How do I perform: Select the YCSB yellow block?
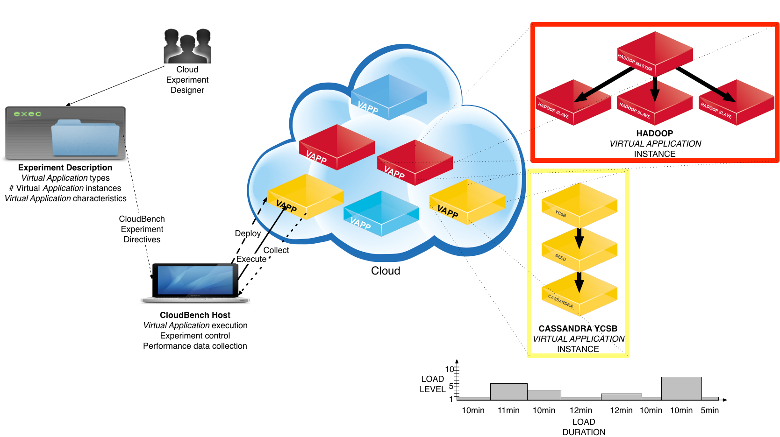pyautogui.click(x=580, y=205)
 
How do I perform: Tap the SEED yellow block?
pyautogui.click(x=580, y=250)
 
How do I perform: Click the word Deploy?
pyautogui.click(x=248, y=233)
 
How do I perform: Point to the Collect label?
pyautogui.click(x=276, y=250)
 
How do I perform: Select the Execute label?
pyautogui.click(x=251, y=259)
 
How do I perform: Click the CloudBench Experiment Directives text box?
pyautogui.click(x=142, y=229)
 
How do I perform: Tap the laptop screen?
pyautogui.click(x=195, y=280)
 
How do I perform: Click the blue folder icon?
pyautogui.click(x=85, y=138)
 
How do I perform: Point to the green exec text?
pyautogui.click(x=28, y=114)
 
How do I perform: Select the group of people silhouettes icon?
pyautogui.click(x=187, y=46)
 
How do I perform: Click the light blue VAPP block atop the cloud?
pyautogui.click(x=388, y=97)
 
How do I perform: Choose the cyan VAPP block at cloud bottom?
pyautogui.click(x=381, y=213)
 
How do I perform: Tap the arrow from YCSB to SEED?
pyautogui.click(x=580, y=238)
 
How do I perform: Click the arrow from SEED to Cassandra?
pyautogui.click(x=580, y=282)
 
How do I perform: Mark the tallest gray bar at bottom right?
pyautogui.click(x=681, y=388)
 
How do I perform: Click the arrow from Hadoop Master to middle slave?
pyautogui.click(x=655, y=91)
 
